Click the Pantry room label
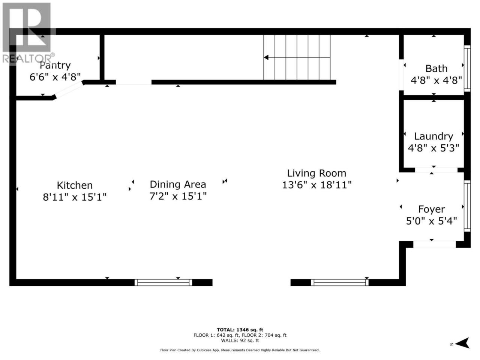tap(55, 66)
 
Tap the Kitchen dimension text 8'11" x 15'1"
tap(75, 197)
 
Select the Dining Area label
tap(178, 184)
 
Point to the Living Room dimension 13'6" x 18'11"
tap(316, 185)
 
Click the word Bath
tap(436, 69)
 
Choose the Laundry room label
tap(433, 136)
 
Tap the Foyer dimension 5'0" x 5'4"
tap(432, 221)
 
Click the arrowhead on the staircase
tap(266, 57)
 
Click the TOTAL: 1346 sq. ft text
tap(240, 330)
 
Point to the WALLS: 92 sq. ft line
tap(240, 340)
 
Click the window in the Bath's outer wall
tap(467, 68)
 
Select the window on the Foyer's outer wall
tap(467, 206)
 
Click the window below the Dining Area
tap(163, 283)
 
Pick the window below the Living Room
tap(340, 283)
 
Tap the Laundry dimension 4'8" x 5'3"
tap(433, 148)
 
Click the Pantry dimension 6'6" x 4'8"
tap(55, 77)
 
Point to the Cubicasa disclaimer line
tap(240, 350)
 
